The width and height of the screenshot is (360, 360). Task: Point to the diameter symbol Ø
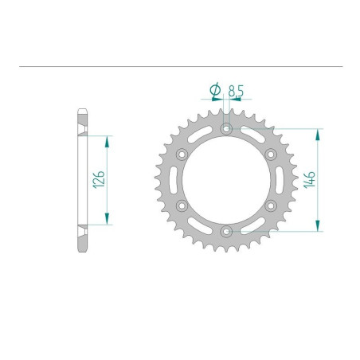coord(214,92)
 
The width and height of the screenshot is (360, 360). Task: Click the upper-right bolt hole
coord(271,153)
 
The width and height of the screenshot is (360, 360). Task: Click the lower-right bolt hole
coord(271,205)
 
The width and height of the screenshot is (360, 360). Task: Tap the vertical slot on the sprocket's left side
coord(175,179)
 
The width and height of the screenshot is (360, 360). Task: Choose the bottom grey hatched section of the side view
coord(81,238)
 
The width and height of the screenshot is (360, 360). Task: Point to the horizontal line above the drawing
coord(180,66)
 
